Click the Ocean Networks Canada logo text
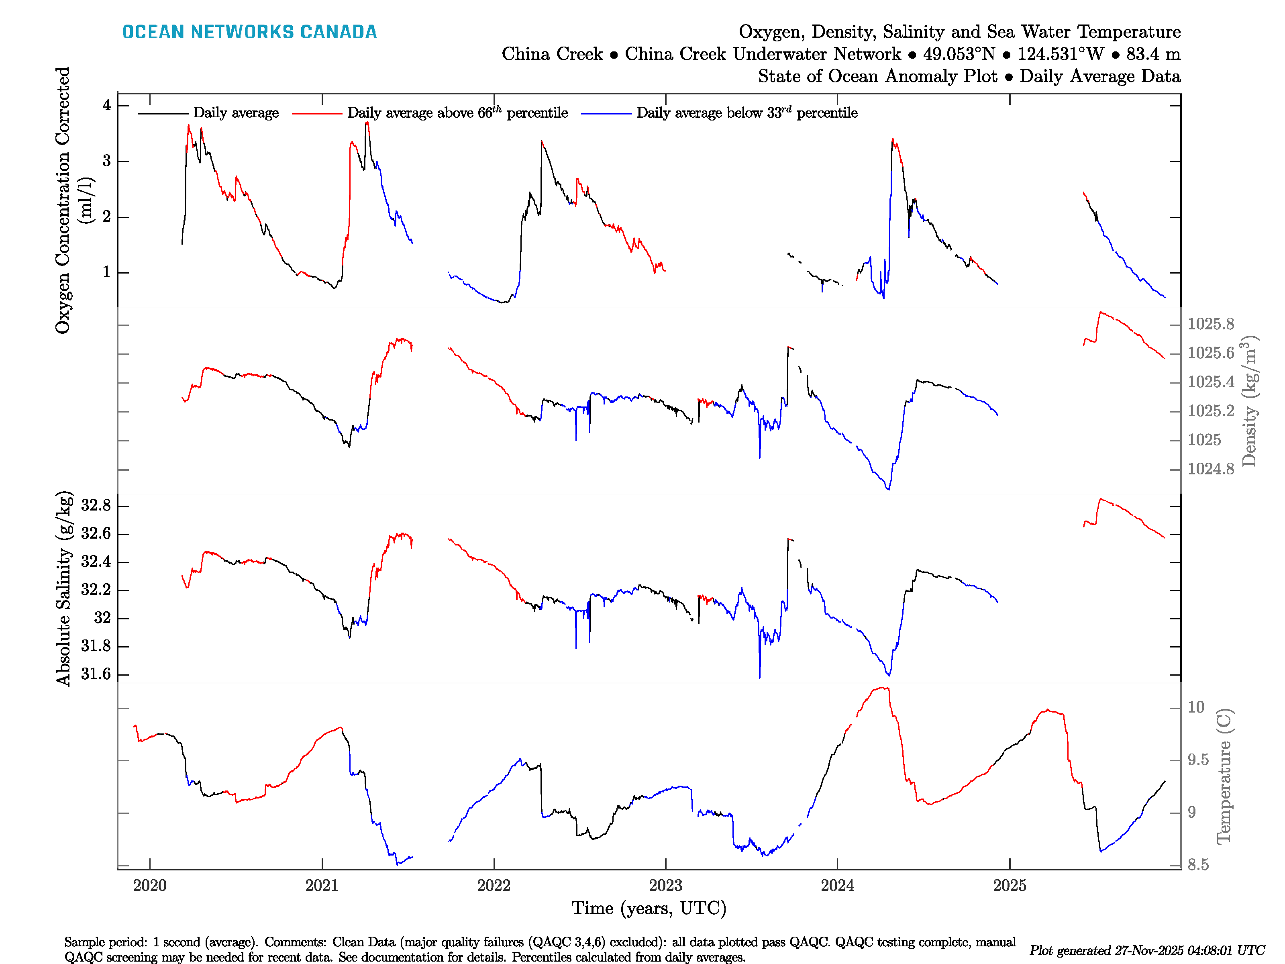tap(249, 32)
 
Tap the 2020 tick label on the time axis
tap(149, 886)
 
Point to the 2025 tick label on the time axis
tap(1009, 886)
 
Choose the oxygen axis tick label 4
tap(106, 105)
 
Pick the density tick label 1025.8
tap(1211, 324)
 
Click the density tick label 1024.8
tap(1211, 469)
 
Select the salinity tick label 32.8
tap(96, 506)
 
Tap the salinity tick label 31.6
tap(96, 674)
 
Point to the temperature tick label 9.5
tap(1198, 760)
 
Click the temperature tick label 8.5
tap(1198, 865)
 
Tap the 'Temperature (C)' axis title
tap(1224, 776)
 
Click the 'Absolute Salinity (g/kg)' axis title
tap(64, 588)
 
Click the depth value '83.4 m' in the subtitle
tap(1153, 54)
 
